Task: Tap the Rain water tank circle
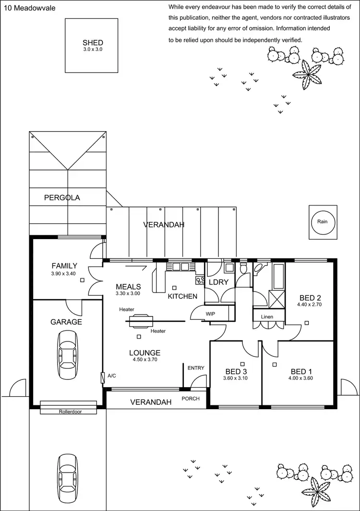click(322, 221)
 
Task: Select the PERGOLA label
click(62, 197)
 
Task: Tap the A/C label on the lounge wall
click(112, 376)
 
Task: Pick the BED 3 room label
click(236, 371)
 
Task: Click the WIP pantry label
click(210, 314)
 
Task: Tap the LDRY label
click(218, 282)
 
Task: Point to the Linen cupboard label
click(267, 317)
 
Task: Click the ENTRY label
click(196, 368)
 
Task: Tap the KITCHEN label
click(182, 296)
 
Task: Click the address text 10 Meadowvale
click(24, 7)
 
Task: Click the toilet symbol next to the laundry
click(243, 269)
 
